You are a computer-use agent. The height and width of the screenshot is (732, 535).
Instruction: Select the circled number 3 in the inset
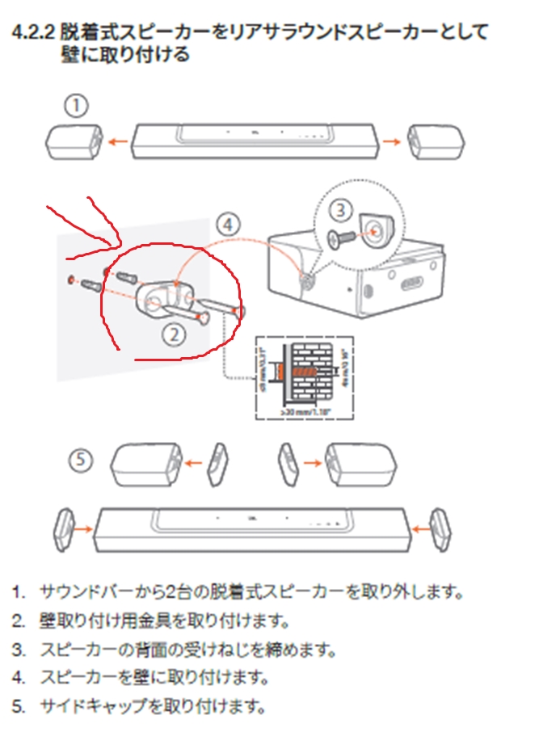point(341,209)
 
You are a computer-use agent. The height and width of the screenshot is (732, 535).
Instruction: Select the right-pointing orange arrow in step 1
point(391,141)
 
